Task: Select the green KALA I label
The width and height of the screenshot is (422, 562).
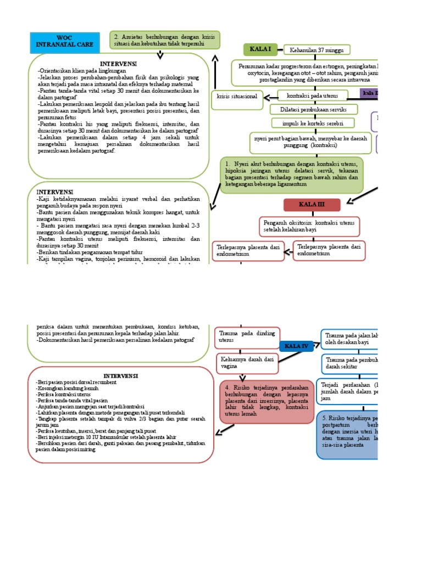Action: (x=260, y=49)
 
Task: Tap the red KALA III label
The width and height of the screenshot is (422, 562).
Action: (x=312, y=205)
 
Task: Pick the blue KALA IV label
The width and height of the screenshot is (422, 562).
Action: (x=297, y=346)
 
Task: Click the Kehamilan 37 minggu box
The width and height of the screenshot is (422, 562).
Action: (x=317, y=50)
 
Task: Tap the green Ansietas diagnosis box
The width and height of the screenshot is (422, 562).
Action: (x=165, y=39)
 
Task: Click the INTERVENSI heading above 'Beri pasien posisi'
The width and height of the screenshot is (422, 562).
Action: (x=120, y=375)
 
